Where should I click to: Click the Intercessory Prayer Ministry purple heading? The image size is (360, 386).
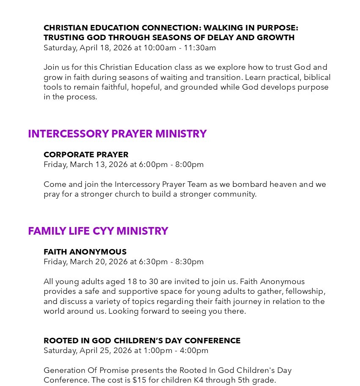117,134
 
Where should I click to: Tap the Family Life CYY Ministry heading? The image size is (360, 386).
98,231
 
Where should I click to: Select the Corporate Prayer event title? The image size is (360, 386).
86,155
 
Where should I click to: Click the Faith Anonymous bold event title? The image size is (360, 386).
85,252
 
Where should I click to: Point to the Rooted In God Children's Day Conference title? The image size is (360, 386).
142,341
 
